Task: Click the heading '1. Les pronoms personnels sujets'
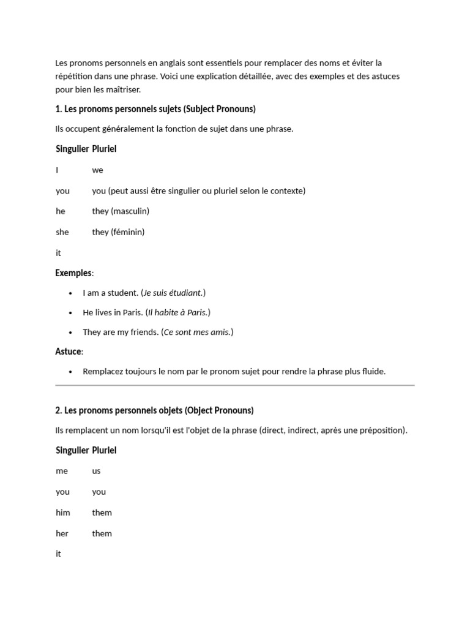pyautogui.click(x=155, y=109)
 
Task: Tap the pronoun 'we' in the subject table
pyautogui.click(x=98, y=170)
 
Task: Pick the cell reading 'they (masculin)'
pyautogui.click(x=121, y=211)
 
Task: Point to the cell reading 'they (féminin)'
pyautogui.click(x=118, y=232)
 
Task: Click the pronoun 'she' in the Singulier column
pyautogui.click(x=62, y=232)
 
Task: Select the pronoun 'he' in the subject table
pyautogui.click(x=61, y=211)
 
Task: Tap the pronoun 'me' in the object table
pyautogui.click(x=62, y=471)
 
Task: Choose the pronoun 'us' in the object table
pyautogui.click(x=97, y=471)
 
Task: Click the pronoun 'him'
pyautogui.click(x=63, y=512)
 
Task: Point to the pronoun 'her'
pyautogui.click(x=62, y=533)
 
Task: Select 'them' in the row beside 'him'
pyautogui.click(x=102, y=512)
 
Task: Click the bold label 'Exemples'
pyautogui.click(x=73, y=273)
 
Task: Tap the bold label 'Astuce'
pyautogui.click(x=69, y=351)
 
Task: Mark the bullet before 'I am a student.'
pyautogui.click(x=72, y=293)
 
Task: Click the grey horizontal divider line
pyautogui.click(x=235, y=386)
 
